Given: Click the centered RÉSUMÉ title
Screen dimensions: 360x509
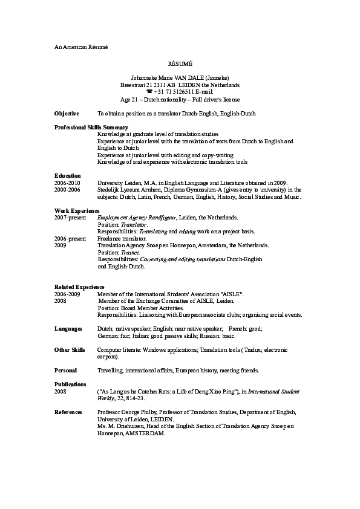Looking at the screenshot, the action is point(180,63).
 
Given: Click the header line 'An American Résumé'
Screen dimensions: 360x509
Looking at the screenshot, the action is point(80,47).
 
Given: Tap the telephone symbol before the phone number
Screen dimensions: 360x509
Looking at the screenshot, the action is point(149,92).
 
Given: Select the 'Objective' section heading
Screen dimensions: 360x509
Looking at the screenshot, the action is point(67,114).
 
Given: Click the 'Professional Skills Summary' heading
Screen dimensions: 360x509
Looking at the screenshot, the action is point(91,128).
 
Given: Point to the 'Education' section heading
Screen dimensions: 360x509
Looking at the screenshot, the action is point(68,176).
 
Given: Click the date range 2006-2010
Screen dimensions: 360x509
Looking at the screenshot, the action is point(67,183).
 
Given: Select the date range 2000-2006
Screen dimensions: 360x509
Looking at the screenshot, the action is point(67,190).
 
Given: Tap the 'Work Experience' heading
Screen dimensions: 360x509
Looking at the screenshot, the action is point(77,210).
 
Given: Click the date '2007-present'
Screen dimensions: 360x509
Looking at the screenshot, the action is point(70,217).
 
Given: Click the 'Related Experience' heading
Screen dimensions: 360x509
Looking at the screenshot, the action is point(79,287).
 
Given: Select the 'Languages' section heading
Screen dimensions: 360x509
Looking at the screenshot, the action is point(68,328).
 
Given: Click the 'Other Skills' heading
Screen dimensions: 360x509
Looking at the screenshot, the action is point(70,350).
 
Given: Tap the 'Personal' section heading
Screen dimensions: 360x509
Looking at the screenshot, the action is point(65,371).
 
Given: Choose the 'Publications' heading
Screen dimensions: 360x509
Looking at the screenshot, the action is point(70,384).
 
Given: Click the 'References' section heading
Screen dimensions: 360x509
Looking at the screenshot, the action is point(68,412).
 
